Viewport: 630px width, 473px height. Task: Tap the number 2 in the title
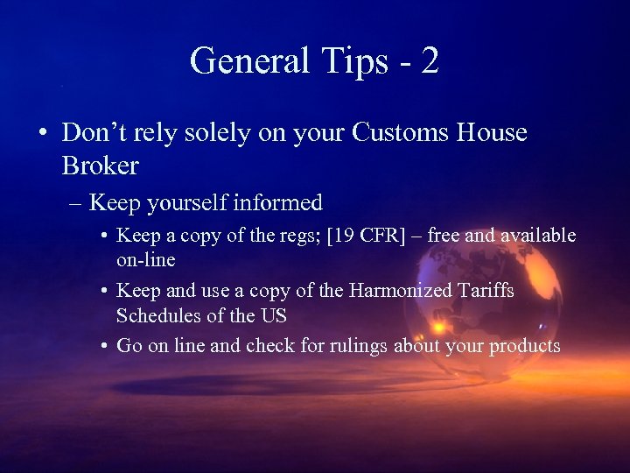(x=429, y=60)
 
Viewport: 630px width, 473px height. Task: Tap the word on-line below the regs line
(x=145, y=260)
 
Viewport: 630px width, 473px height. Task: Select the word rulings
(x=358, y=346)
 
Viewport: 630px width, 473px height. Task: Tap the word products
(x=525, y=346)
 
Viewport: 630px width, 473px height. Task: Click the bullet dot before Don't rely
(x=44, y=134)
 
